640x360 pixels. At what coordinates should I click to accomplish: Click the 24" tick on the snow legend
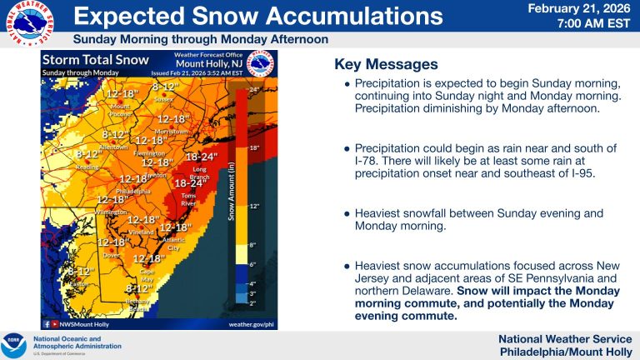click(x=253, y=87)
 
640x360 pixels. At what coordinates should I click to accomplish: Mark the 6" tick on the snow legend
click(x=253, y=263)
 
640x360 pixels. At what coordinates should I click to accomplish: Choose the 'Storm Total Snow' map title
click(x=95, y=60)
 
